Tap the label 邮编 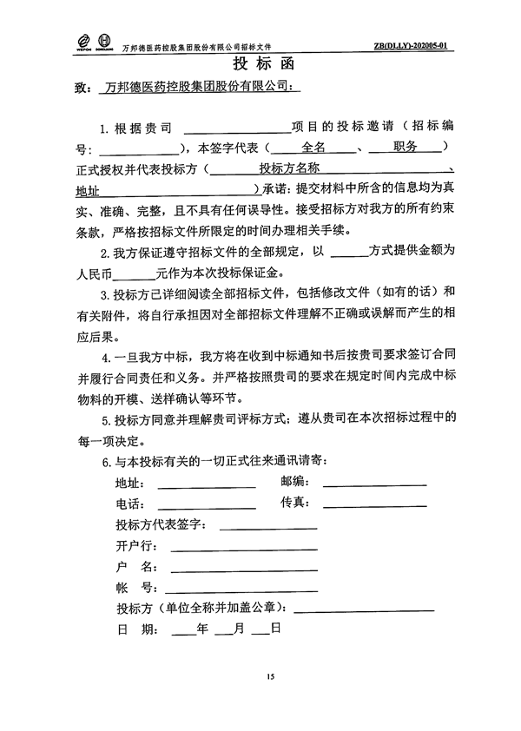[294, 481]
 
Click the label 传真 [294, 503]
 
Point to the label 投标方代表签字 [160, 524]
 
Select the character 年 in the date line [203, 628]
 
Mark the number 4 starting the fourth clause [105, 357]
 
